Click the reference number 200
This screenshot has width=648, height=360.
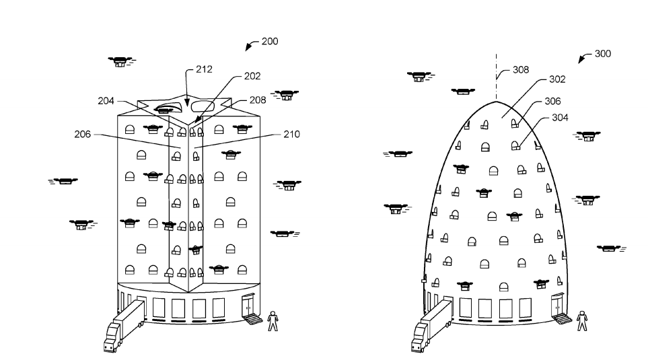[x=270, y=41]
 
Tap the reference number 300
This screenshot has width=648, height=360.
[x=603, y=54]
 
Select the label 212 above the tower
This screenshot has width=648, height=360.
[x=204, y=69]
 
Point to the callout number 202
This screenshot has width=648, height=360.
[x=252, y=76]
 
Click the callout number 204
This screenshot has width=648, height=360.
[x=106, y=100]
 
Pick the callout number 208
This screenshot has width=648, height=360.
[x=258, y=100]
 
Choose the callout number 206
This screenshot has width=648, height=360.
[x=83, y=135]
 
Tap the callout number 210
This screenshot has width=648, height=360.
[x=291, y=135]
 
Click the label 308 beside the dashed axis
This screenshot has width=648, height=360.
[x=521, y=69]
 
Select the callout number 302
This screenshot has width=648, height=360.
[x=557, y=79]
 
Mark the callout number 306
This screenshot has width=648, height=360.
[x=554, y=102]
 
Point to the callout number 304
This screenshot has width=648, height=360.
[x=561, y=117]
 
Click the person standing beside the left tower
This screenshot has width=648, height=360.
[x=273, y=321]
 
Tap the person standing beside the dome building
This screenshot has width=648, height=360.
[x=582, y=320]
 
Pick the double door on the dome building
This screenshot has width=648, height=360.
[x=557, y=306]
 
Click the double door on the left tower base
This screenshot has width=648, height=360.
[x=248, y=308]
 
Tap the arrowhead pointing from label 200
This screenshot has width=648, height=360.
[x=248, y=47]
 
